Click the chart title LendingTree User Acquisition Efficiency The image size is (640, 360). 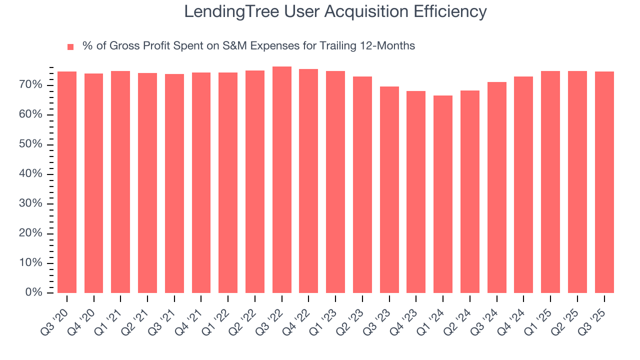[x=335, y=11]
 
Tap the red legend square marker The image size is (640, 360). [x=70, y=46]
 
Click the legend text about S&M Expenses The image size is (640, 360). [x=248, y=46]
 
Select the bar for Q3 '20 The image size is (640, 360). [x=67, y=182]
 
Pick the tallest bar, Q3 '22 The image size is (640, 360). [x=282, y=180]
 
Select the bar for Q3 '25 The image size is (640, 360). [x=604, y=182]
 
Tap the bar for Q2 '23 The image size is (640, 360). [x=362, y=185]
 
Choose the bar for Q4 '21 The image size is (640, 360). [x=201, y=183]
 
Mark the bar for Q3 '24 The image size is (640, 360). [x=496, y=187]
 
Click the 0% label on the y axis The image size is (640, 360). [x=34, y=293]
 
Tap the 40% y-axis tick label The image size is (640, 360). [x=31, y=174]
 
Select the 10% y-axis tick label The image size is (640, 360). [x=31, y=263]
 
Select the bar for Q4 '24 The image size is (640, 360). [x=523, y=185]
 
